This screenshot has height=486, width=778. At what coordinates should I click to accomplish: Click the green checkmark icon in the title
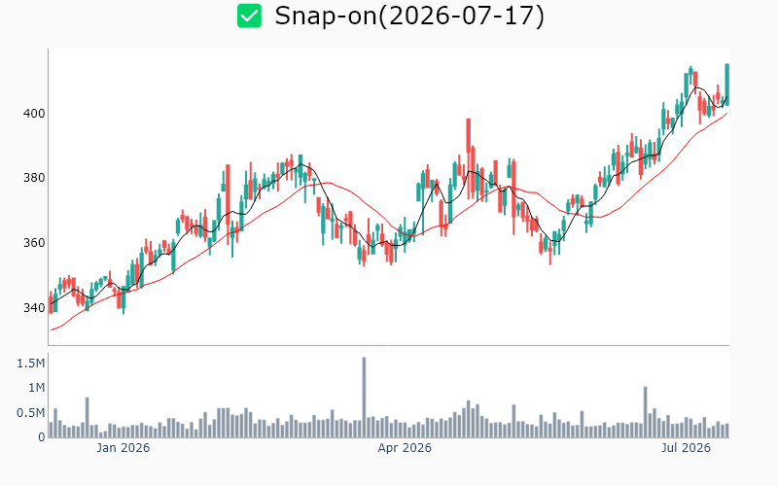click(x=249, y=16)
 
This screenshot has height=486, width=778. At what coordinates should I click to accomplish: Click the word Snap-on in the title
click(x=326, y=16)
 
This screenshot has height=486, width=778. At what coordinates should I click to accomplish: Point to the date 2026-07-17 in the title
click(x=461, y=16)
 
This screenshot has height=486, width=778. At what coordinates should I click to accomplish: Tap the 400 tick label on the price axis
click(x=34, y=113)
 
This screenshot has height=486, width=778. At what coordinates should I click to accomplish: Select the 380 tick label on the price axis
click(x=34, y=178)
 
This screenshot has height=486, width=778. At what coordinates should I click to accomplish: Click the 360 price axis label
click(x=34, y=242)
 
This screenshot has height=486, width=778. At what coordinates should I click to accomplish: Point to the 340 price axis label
click(x=34, y=307)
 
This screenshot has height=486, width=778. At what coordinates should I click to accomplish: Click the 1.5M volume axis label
click(x=31, y=364)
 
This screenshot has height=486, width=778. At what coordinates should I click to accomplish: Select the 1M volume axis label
click(x=36, y=387)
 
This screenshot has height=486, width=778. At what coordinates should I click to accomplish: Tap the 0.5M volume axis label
click(x=31, y=412)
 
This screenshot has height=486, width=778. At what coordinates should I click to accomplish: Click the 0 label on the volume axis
click(x=42, y=437)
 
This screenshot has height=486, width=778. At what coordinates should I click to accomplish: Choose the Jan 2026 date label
click(x=124, y=448)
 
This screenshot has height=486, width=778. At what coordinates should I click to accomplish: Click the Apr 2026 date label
click(x=405, y=448)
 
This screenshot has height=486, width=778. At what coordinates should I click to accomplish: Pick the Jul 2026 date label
click(x=686, y=448)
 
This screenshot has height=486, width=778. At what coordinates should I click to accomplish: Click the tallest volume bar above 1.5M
click(x=364, y=398)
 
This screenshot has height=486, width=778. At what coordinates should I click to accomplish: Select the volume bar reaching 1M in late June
click(x=646, y=412)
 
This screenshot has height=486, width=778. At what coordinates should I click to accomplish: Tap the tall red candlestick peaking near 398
click(x=469, y=136)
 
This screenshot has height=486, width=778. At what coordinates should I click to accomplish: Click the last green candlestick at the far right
click(x=726, y=85)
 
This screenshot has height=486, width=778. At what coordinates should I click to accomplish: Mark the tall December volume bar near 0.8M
click(x=87, y=417)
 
